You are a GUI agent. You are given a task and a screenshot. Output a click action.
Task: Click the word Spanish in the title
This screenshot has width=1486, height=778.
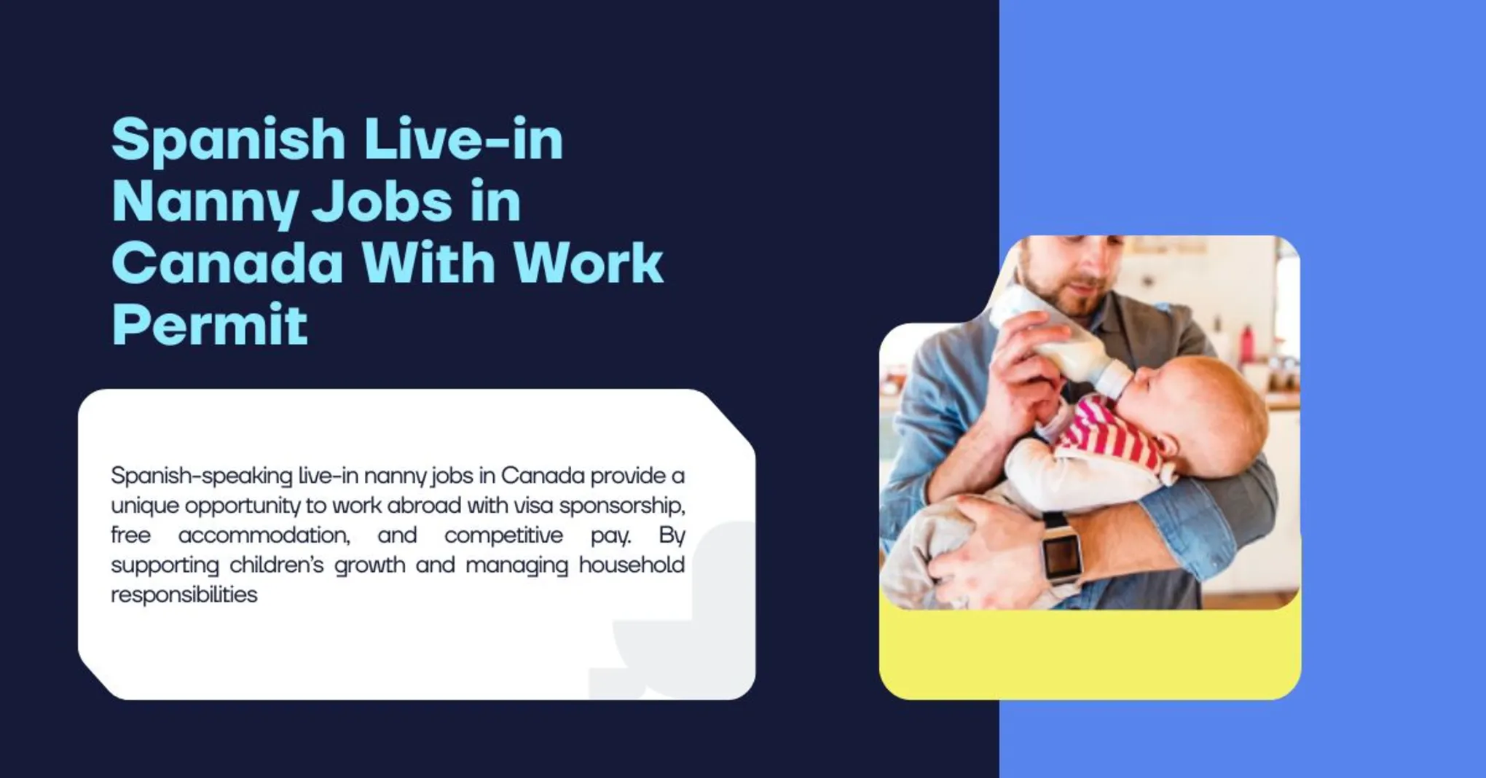(x=228, y=140)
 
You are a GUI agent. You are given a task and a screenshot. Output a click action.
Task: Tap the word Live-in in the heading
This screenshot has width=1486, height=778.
(x=463, y=138)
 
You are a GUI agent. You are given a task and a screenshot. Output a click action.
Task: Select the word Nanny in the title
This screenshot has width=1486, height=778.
(x=205, y=202)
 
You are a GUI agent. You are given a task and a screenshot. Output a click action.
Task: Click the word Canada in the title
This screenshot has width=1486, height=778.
(x=227, y=263)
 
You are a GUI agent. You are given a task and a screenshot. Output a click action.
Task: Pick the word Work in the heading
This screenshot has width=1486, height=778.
(x=588, y=263)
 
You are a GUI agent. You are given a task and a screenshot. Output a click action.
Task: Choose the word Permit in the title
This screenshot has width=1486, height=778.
(x=210, y=325)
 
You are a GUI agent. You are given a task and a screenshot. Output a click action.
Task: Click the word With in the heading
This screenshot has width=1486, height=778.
(x=428, y=263)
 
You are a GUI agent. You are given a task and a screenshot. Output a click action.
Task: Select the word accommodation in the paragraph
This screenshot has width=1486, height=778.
(x=264, y=535)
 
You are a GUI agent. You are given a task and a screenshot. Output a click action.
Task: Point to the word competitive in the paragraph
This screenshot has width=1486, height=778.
(x=503, y=535)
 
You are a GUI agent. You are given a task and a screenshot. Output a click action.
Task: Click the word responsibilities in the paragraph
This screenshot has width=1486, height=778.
(x=184, y=595)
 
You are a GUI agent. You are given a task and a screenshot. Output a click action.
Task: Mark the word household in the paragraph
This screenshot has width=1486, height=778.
(x=632, y=565)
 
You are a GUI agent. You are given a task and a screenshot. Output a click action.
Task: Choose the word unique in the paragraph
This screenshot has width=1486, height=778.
(x=144, y=506)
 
